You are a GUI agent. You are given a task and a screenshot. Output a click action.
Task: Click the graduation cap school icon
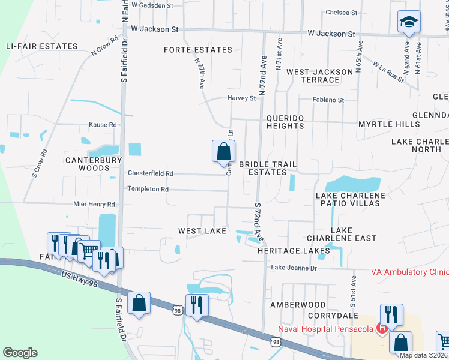tap(409, 23)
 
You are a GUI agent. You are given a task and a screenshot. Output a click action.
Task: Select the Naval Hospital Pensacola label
tap(325, 328)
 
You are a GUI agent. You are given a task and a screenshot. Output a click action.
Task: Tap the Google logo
tap(20, 352)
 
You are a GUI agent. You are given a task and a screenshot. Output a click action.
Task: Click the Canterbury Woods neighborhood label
tap(94, 164)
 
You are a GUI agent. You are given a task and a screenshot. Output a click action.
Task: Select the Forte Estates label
tap(197, 50)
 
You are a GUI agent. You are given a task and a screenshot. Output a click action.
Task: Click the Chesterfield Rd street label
tap(151, 173)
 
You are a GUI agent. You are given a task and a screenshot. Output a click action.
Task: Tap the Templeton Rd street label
tap(148, 189)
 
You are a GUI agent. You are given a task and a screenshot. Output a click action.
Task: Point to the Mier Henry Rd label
tap(93, 205)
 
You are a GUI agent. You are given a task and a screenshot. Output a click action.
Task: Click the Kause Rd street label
tap(103, 125)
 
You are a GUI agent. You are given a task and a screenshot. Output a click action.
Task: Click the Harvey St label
tap(241, 98)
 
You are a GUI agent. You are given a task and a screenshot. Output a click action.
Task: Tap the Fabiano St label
tap(327, 100)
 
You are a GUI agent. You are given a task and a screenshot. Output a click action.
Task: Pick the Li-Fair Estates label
tap(41, 46)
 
